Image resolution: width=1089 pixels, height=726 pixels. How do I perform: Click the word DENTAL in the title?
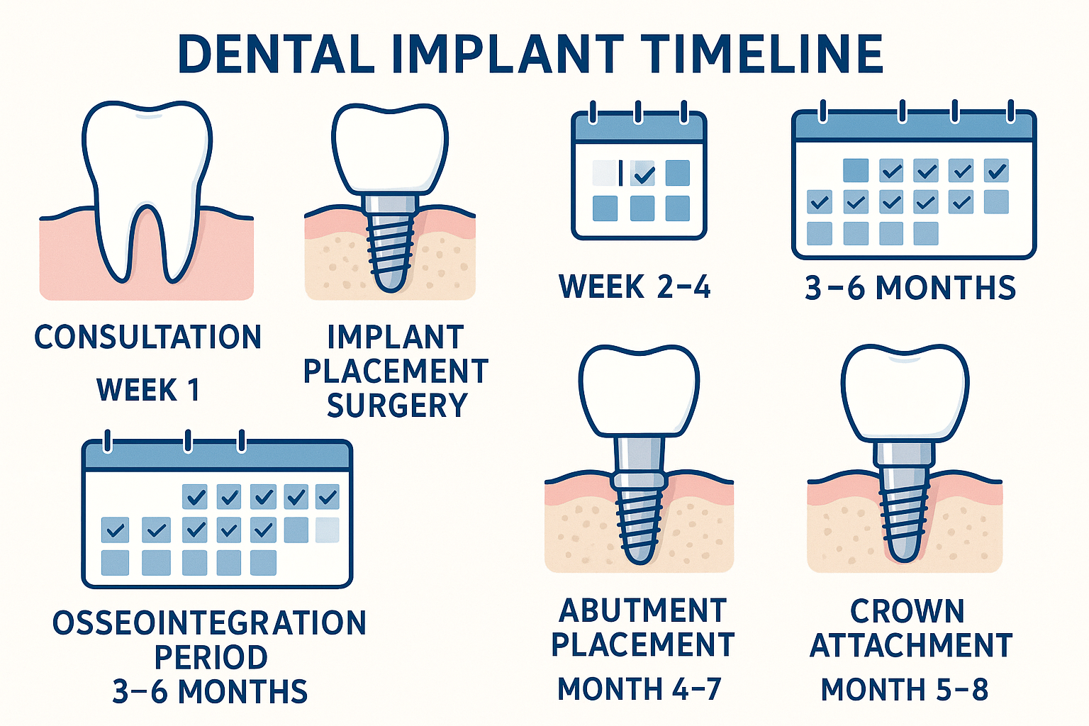(277, 54)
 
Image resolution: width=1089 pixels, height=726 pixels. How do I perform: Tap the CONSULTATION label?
(148, 337)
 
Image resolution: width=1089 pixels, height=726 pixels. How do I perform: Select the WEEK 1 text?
(148, 390)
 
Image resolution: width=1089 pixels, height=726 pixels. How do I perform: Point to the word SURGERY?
(397, 406)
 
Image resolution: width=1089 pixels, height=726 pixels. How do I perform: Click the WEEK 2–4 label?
(635, 287)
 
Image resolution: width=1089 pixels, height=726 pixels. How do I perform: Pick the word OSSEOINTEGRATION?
(210, 623)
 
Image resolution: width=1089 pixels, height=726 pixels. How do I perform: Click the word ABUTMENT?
(643, 611)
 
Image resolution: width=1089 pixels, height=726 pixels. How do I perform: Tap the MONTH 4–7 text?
(640, 689)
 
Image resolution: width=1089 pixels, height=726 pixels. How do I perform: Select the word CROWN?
(907, 611)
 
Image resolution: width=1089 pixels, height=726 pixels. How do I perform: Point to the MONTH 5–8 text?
(905, 689)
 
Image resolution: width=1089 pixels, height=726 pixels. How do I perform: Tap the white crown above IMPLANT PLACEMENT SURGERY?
(390, 149)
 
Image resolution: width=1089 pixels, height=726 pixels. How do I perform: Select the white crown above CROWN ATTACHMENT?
(905, 393)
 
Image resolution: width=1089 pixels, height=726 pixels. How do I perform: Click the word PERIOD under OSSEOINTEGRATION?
(211, 657)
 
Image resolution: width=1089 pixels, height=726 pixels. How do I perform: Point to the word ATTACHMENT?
(911, 646)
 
